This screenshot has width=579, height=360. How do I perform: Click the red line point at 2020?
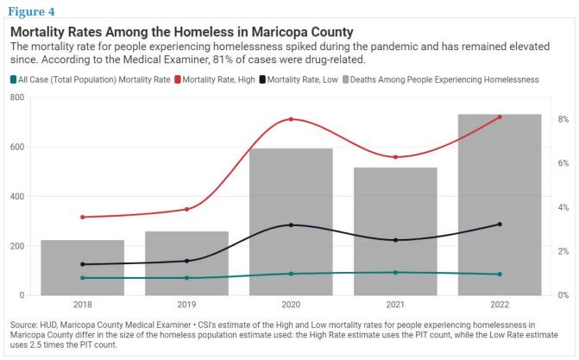pyautogui.click(x=291, y=119)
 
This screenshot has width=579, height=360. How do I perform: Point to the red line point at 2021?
pyautogui.click(x=395, y=157)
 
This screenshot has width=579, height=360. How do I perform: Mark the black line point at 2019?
pyautogui.click(x=186, y=261)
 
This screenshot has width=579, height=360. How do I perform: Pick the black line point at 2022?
pyautogui.click(x=500, y=224)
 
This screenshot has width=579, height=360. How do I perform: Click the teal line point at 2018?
pyautogui.click(x=82, y=278)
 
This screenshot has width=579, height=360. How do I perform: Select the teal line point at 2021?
pyautogui.click(x=395, y=273)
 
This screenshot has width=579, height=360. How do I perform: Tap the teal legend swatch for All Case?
pyautogui.click(x=15, y=79)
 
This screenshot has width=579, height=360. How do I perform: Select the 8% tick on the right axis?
pyautogui.click(x=563, y=119)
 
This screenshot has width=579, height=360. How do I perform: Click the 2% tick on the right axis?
pyautogui.click(x=563, y=251)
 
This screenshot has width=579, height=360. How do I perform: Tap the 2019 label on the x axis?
pyautogui.click(x=186, y=306)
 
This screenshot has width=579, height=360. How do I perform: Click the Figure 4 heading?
pyautogui.click(x=33, y=12)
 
